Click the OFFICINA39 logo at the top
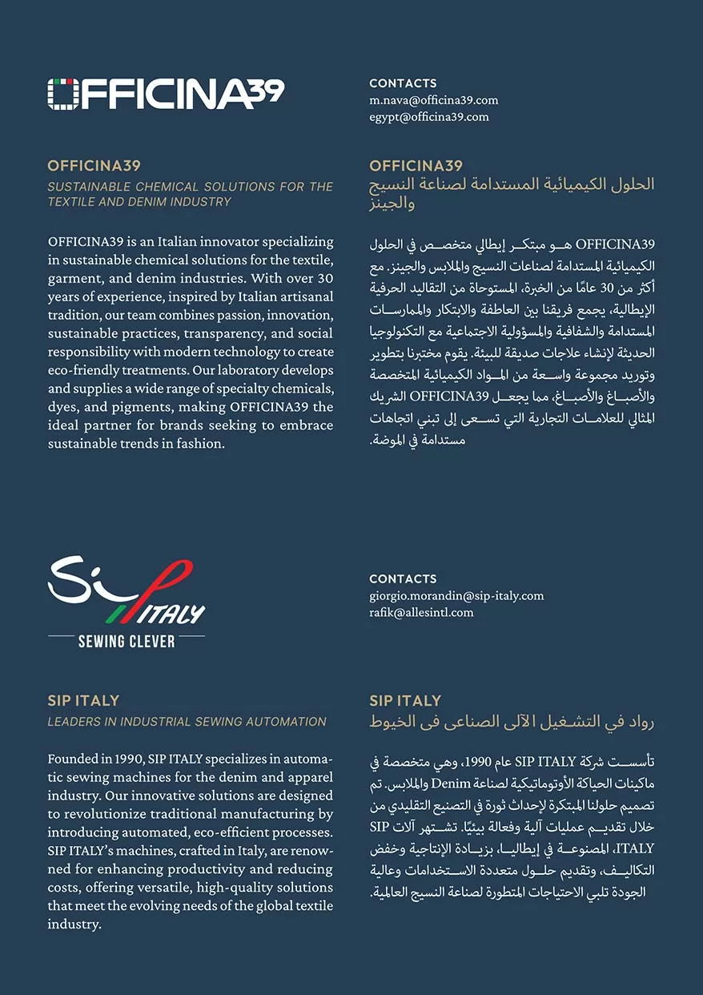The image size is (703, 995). pos(165,94)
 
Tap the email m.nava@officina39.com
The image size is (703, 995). pos(433,100)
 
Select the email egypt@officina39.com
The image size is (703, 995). pos(428,117)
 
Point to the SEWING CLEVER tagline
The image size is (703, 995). pos(127,641)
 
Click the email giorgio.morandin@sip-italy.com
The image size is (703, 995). pos(456,596)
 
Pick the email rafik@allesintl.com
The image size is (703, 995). pos(421,613)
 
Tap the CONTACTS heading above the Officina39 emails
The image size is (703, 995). pos(403,83)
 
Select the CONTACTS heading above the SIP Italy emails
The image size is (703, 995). pos(403,578)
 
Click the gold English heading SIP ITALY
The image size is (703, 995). pos(83,701)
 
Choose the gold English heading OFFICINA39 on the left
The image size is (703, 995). pos(94,166)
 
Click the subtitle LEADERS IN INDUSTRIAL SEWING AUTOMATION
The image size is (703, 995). pos(187,722)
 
